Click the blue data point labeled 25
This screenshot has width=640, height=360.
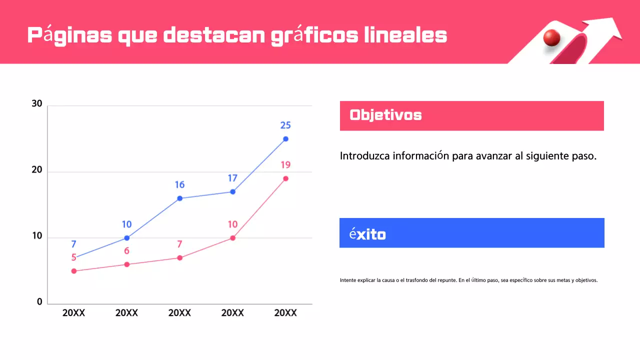(x=285, y=139)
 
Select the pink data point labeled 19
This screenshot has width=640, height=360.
(x=285, y=178)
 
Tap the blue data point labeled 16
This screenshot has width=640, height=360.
(x=179, y=198)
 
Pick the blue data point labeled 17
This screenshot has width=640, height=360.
(x=232, y=191)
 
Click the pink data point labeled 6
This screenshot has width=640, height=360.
(x=126, y=264)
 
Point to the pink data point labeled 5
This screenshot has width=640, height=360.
(x=74, y=271)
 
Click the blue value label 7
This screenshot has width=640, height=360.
(x=73, y=244)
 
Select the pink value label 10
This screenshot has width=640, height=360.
(x=232, y=224)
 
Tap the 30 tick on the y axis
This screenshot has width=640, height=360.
(x=37, y=104)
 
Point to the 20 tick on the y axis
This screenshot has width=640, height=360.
(x=37, y=170)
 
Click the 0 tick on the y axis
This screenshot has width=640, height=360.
(x=39, y=302)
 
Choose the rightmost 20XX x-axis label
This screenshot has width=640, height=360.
(x=285, y=313)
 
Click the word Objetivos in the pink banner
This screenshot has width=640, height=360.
(x=385, y=115)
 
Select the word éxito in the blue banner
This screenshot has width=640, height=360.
(x=367, y=234)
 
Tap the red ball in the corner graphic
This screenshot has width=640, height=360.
(x=551, y=37)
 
